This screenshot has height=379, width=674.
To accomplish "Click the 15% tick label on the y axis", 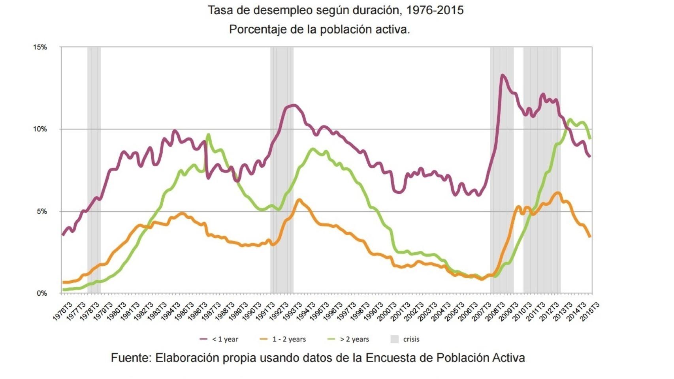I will [40, 47].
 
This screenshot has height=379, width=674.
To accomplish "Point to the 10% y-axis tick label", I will [40, 129].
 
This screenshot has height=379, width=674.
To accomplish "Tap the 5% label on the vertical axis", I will [41, 211].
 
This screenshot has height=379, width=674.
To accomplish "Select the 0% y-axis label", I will [41, 293].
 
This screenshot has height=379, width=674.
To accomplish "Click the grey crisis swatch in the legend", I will [394, 339].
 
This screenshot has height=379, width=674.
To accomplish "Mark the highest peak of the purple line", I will [502, 75].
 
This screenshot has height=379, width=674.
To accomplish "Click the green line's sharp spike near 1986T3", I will [208, 135].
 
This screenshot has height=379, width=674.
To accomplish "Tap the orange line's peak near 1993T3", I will [299, 200].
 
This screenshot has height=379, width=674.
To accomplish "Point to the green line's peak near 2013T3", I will [569, 119].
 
